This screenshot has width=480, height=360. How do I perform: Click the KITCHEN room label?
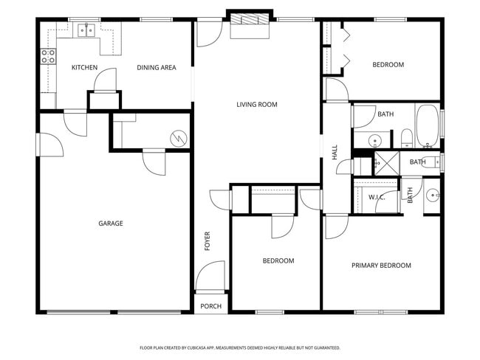click(84, 68)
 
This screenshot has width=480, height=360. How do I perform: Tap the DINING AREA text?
click(157, 68)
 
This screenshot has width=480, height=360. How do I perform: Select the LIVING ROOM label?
click(256, 105)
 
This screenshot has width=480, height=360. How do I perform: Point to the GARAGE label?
click(111, 224)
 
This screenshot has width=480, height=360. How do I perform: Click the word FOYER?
click(208, 241)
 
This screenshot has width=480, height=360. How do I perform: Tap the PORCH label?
click(210, 306)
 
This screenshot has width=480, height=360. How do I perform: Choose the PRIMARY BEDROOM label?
click(381, 266)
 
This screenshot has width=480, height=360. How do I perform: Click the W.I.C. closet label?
click(377, 198)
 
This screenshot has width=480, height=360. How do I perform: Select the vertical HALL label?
click(335, 152)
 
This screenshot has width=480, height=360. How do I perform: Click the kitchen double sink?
click(86, 30)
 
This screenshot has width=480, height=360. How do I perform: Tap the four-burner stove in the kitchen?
click(48, 55)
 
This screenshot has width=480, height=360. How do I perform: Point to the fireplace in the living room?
click(249, 24)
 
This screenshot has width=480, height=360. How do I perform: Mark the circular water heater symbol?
click(177, 137)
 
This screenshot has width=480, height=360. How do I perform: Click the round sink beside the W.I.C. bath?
click(433, 195)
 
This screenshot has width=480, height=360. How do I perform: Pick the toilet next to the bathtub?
click(405, 137)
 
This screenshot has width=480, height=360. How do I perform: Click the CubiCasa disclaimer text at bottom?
click(239, 347)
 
